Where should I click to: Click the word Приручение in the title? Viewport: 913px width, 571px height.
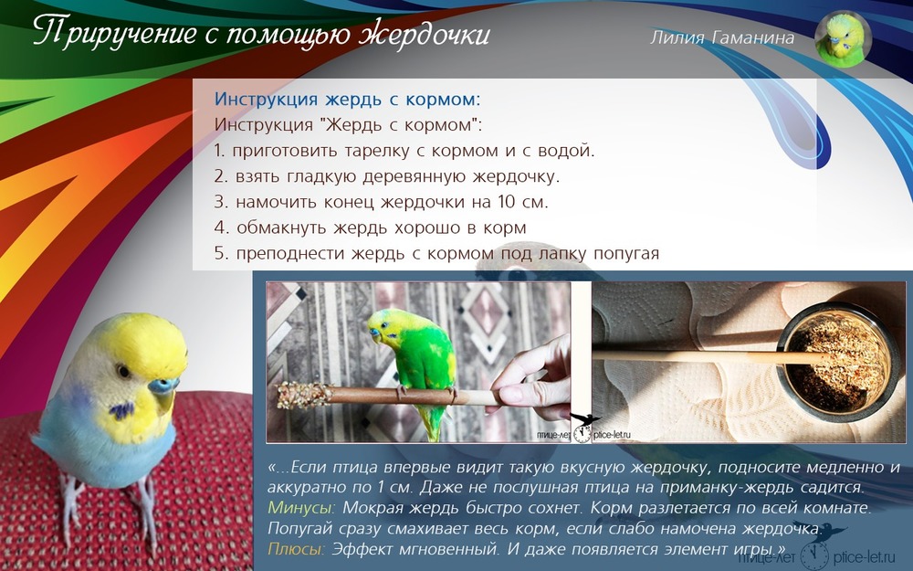(x=115, y=33)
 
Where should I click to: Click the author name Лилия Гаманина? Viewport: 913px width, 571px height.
(x=722, y=37)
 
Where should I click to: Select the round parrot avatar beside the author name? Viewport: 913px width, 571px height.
(x=843, y=39)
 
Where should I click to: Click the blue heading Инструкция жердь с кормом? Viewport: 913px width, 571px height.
(x=348, y=99)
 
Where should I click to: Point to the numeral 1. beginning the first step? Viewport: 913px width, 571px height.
(x=219, y=151)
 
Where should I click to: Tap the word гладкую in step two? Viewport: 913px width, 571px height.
(x=316, y=176)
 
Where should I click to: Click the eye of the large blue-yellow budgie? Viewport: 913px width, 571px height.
(x=123, y=371)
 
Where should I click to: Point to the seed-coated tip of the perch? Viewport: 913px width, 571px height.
(x=302, y=395)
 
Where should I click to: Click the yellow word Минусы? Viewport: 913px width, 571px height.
(x=301, y=507)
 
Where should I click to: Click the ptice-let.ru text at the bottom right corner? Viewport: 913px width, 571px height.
(x=864, y=557)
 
